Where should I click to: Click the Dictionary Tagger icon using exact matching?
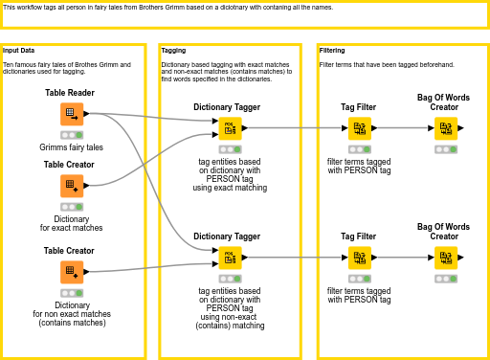[x=229, y=128]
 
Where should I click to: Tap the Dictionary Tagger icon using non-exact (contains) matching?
[x=229, y=258]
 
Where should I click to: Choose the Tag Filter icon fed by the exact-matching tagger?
[x=359, y=128]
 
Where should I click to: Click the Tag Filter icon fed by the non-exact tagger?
[x=359, y=258]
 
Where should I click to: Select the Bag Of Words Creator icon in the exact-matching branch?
[x=445, y=128]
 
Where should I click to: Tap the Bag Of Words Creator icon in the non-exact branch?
[x=445, y=258]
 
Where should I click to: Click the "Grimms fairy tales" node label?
[x=72, y=147]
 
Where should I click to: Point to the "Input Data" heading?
[x=19, y=50]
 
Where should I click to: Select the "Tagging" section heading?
[x=173, y=50]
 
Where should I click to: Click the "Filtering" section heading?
[x=332, y=50]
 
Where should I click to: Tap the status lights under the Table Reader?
[x=72, y=135]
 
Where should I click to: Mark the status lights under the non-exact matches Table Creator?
[x=72, y=293]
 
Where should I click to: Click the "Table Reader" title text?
[x=69, y=93]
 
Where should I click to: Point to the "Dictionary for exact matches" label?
[x=72, y=223]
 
